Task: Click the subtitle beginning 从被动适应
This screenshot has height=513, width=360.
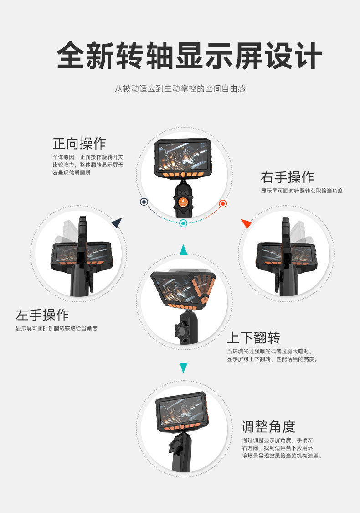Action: [180, 88]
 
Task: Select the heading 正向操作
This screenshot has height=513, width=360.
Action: [79, 143]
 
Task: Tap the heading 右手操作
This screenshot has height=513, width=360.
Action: [288, 177]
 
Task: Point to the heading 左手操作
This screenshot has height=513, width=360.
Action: [42, 315]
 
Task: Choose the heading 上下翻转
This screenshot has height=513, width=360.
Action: [253, 337]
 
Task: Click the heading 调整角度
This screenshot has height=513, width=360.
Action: [268, 427]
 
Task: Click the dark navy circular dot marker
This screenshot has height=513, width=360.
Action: [144, 202]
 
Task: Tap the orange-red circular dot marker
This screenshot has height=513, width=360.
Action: [223, 203]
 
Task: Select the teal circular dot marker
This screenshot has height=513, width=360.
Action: [183, 223]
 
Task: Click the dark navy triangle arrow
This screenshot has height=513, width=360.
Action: [117, 222]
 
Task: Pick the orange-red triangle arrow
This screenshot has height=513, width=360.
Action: [246, 223]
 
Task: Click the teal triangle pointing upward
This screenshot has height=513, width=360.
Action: [184, 250]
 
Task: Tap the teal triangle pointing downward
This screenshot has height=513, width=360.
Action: [184, 368]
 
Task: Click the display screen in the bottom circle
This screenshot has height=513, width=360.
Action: [181, 408]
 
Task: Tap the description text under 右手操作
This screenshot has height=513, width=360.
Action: [302, 191]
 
